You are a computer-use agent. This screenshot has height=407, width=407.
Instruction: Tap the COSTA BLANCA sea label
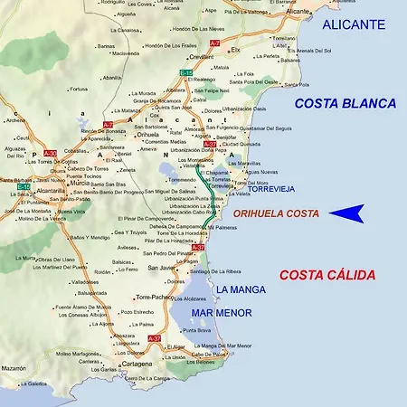coord(345,104)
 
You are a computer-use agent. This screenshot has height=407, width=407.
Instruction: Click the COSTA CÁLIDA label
coord(327,275)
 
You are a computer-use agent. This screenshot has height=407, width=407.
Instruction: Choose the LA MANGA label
coord(240,289)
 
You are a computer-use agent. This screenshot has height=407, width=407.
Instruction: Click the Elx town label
coord(236,50)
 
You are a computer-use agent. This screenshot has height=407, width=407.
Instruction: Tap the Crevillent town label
coord(202,57)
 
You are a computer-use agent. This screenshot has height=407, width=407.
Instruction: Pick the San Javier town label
coord(162,268)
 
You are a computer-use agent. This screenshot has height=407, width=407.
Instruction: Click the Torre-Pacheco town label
coord(155,297)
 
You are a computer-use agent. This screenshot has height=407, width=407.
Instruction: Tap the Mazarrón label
coord(14,369)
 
